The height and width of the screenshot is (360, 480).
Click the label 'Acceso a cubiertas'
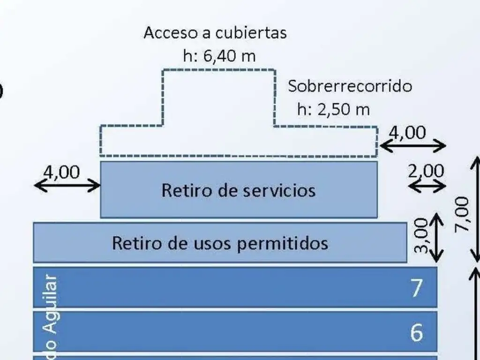[x=215, y=33]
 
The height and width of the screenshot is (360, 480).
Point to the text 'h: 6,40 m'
[x=219, y=56]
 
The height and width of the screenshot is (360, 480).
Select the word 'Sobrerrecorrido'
[x=350, y=86]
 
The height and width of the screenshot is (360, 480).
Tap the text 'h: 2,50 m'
[x=333, y=109]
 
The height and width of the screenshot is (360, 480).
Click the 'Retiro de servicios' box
[x=239, y=190]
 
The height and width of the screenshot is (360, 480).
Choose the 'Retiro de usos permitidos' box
[x=220, y=243]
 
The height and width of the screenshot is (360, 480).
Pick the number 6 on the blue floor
[x=416, y=332]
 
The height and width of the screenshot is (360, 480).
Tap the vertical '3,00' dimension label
[x=421, y=236]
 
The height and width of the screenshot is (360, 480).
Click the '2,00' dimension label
[x=426, y=171]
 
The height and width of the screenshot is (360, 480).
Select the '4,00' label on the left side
[x=61, y=172]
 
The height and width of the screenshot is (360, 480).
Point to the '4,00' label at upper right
[x=407, y=133]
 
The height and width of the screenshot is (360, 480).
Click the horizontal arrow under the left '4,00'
[x=67, y=186]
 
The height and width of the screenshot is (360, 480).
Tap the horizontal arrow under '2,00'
[x=427, y=186]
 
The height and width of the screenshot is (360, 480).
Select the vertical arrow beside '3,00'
[x=436, y=237]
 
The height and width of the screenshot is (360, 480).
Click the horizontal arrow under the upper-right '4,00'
[x=412, y=146]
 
